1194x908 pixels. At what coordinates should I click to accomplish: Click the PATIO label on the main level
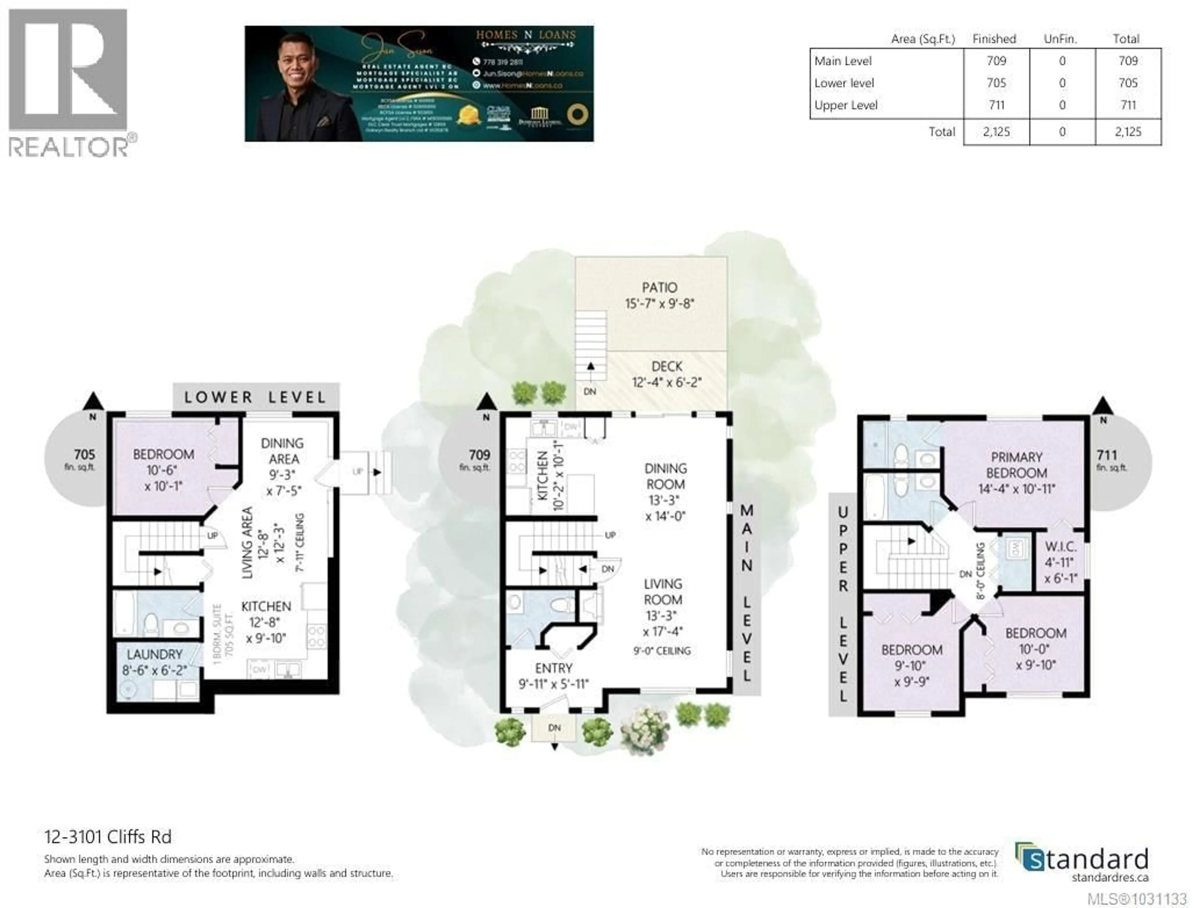point(659,288)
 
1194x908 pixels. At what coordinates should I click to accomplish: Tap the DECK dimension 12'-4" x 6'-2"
point(666,382)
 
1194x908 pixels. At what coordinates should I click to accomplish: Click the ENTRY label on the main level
point(553,668)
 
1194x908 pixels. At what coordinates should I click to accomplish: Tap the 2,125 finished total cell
point(996,132)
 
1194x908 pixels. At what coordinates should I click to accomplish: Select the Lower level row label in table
point(844,83)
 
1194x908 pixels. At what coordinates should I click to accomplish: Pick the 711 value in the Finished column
point(996,105)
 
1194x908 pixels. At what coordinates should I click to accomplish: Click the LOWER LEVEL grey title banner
point(256,397)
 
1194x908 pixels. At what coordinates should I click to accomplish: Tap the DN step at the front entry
point(554,728)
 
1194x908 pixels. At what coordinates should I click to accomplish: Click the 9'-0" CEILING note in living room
point(662,651)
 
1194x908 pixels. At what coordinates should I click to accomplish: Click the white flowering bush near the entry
point(644,731)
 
